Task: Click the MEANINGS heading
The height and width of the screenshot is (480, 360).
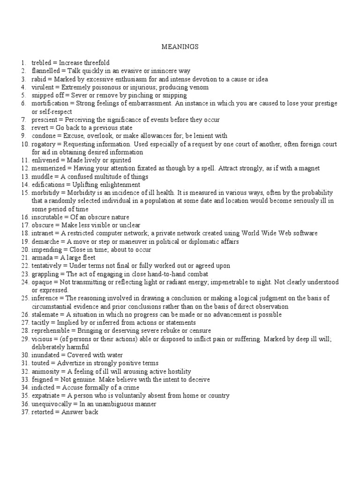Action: tap(180, 47)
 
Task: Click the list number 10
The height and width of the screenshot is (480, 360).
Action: tap(24, 144)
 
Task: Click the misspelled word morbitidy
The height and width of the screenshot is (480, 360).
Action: tap(46, 193)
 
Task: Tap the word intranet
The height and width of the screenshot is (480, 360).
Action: tap(42, 233)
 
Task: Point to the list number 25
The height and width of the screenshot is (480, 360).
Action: tap(24, 298)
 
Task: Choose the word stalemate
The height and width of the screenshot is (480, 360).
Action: tap(45, 314)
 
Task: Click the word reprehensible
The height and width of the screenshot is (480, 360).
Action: tap(52, 330)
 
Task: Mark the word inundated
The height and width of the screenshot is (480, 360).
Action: tap(46, 355)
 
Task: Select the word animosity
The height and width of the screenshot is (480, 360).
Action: tap(46, 371)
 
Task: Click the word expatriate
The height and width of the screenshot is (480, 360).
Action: tap(46, 396)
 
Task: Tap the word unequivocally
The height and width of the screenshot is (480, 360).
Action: tap(52, 404)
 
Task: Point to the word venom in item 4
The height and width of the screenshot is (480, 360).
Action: tap(199, 87)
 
